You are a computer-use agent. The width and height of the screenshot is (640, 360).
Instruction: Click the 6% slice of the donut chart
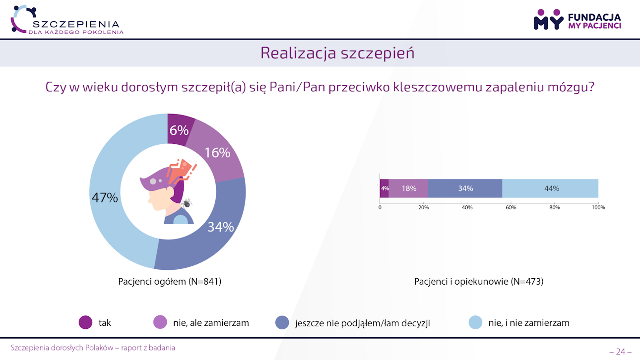(180, 130)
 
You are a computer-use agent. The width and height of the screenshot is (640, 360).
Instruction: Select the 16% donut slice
(217, 153)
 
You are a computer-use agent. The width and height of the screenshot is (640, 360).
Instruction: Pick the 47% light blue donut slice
(105, 197)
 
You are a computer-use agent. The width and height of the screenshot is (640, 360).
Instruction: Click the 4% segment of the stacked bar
(384, 188)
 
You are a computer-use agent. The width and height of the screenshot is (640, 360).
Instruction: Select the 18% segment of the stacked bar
(409, 188)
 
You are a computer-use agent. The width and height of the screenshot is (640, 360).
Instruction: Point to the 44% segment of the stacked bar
(551, 188)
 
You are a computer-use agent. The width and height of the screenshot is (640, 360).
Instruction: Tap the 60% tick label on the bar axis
(511, 207)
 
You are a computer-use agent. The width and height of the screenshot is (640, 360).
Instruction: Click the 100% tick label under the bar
(598, 207)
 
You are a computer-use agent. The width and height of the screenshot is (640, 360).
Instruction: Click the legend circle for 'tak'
(86, 322)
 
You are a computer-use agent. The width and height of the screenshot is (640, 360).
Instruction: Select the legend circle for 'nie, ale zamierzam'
(160, 322)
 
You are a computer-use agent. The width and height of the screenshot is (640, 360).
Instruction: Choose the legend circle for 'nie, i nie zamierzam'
(475, 322)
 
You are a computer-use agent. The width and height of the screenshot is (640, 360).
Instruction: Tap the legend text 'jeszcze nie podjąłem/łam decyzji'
(362, 323)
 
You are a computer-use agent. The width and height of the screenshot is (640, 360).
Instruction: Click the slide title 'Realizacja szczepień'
(337, 53)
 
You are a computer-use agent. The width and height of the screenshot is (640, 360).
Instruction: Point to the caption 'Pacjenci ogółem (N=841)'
(170, 282)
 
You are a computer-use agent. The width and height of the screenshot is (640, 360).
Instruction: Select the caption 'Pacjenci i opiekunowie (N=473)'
(479, 282)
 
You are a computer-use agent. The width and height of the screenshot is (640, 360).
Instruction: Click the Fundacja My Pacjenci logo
(577, 19)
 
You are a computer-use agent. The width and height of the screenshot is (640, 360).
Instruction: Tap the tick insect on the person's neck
(187, 202)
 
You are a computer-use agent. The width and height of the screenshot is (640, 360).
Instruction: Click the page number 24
(620, 352)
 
